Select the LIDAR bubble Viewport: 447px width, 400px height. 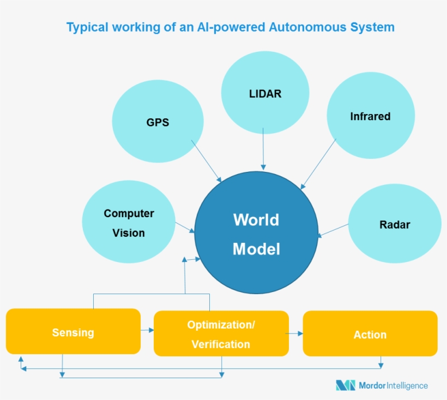(x=265, y=93)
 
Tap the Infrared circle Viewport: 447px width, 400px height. (x=370, y=116)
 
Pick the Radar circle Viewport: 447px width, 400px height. (x=394, y=224)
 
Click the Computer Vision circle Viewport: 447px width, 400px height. (x=129, y=223)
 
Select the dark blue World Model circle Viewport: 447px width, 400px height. (x=256, y=234)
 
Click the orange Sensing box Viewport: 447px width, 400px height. (x=73, y=332)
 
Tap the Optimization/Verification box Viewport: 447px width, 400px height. (x=221, y=333)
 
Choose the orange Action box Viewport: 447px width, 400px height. (x=370, y=333)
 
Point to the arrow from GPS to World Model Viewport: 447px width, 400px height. (x=206, y=161)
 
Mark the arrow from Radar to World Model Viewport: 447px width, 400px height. (x=333, y=230)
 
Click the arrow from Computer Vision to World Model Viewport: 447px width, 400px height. (x=185, y=227)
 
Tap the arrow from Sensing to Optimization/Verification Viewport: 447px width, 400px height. (x=147, y=330)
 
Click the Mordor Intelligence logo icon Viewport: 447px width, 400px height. (x=345, y=385)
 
